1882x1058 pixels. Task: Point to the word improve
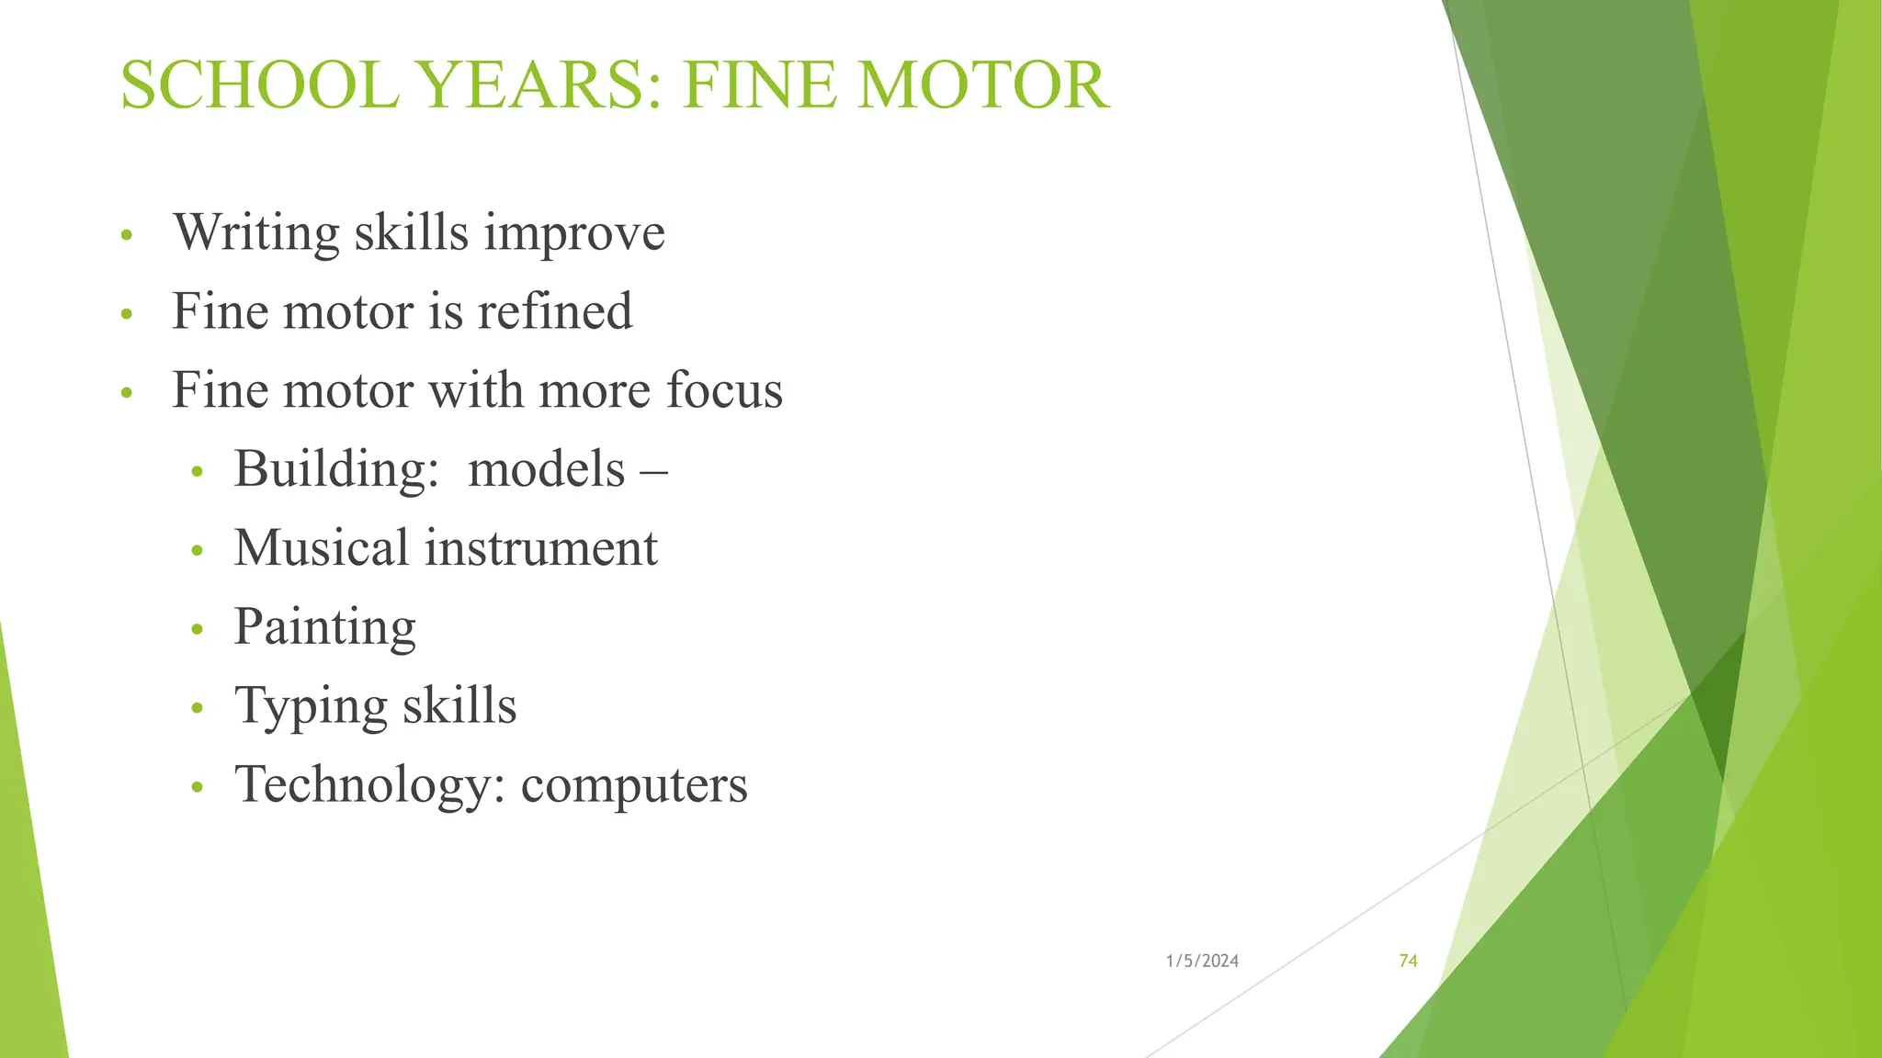point(574,233)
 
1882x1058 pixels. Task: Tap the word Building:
point(336,469)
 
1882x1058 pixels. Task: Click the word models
point(546,469)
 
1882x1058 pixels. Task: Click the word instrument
point(541,548)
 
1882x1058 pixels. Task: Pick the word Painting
point(325,628)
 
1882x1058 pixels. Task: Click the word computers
point(634,786)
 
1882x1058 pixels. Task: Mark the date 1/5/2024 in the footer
point(1202,961)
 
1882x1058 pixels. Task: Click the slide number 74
point(1408,961)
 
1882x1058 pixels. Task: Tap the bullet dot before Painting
point(196,630)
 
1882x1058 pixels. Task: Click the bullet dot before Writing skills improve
point(127,236)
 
